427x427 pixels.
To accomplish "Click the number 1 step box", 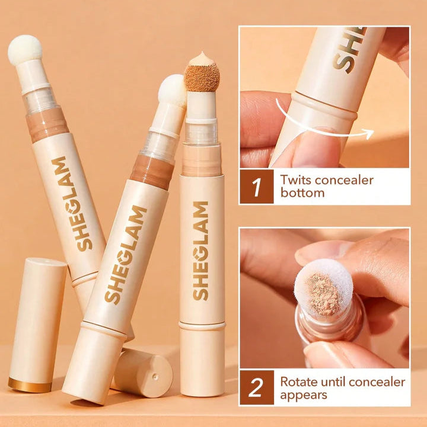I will pos(256,186).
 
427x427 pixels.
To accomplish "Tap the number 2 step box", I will pos(256,387).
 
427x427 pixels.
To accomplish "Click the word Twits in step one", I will pos(295,179).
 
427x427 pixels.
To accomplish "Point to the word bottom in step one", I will pos(302,193).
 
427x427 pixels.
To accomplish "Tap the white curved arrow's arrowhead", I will pos(368,134).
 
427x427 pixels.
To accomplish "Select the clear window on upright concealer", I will pos(202,133).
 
